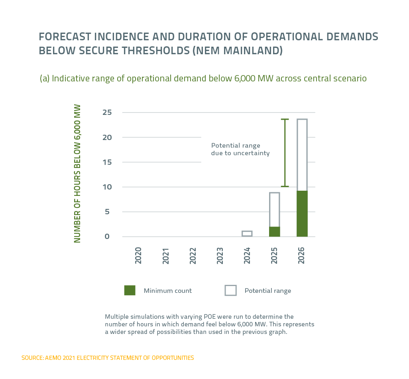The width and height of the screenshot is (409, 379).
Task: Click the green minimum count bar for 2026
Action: click(302, 214)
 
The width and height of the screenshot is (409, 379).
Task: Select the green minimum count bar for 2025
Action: click(274, 232)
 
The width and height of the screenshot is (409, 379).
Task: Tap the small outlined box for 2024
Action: click(247, 234)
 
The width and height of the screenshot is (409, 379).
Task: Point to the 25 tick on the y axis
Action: click(106, 113)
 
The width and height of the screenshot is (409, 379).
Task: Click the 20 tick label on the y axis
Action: click(106, 137)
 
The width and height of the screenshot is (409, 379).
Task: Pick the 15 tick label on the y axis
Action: click(106, 162)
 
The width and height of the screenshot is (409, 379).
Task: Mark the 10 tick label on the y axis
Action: click(106, 187)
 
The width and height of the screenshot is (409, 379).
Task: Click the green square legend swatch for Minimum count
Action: click(130, 290)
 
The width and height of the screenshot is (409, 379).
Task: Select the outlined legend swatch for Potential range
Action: click(231, 290)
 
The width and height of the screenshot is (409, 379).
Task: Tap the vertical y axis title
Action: click(77, 174)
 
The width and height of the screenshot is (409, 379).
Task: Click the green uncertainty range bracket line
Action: click(285, 153)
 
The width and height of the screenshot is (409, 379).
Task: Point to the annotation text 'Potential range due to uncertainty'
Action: click(240, 149)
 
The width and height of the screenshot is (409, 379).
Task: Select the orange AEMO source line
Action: click(108, 358)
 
